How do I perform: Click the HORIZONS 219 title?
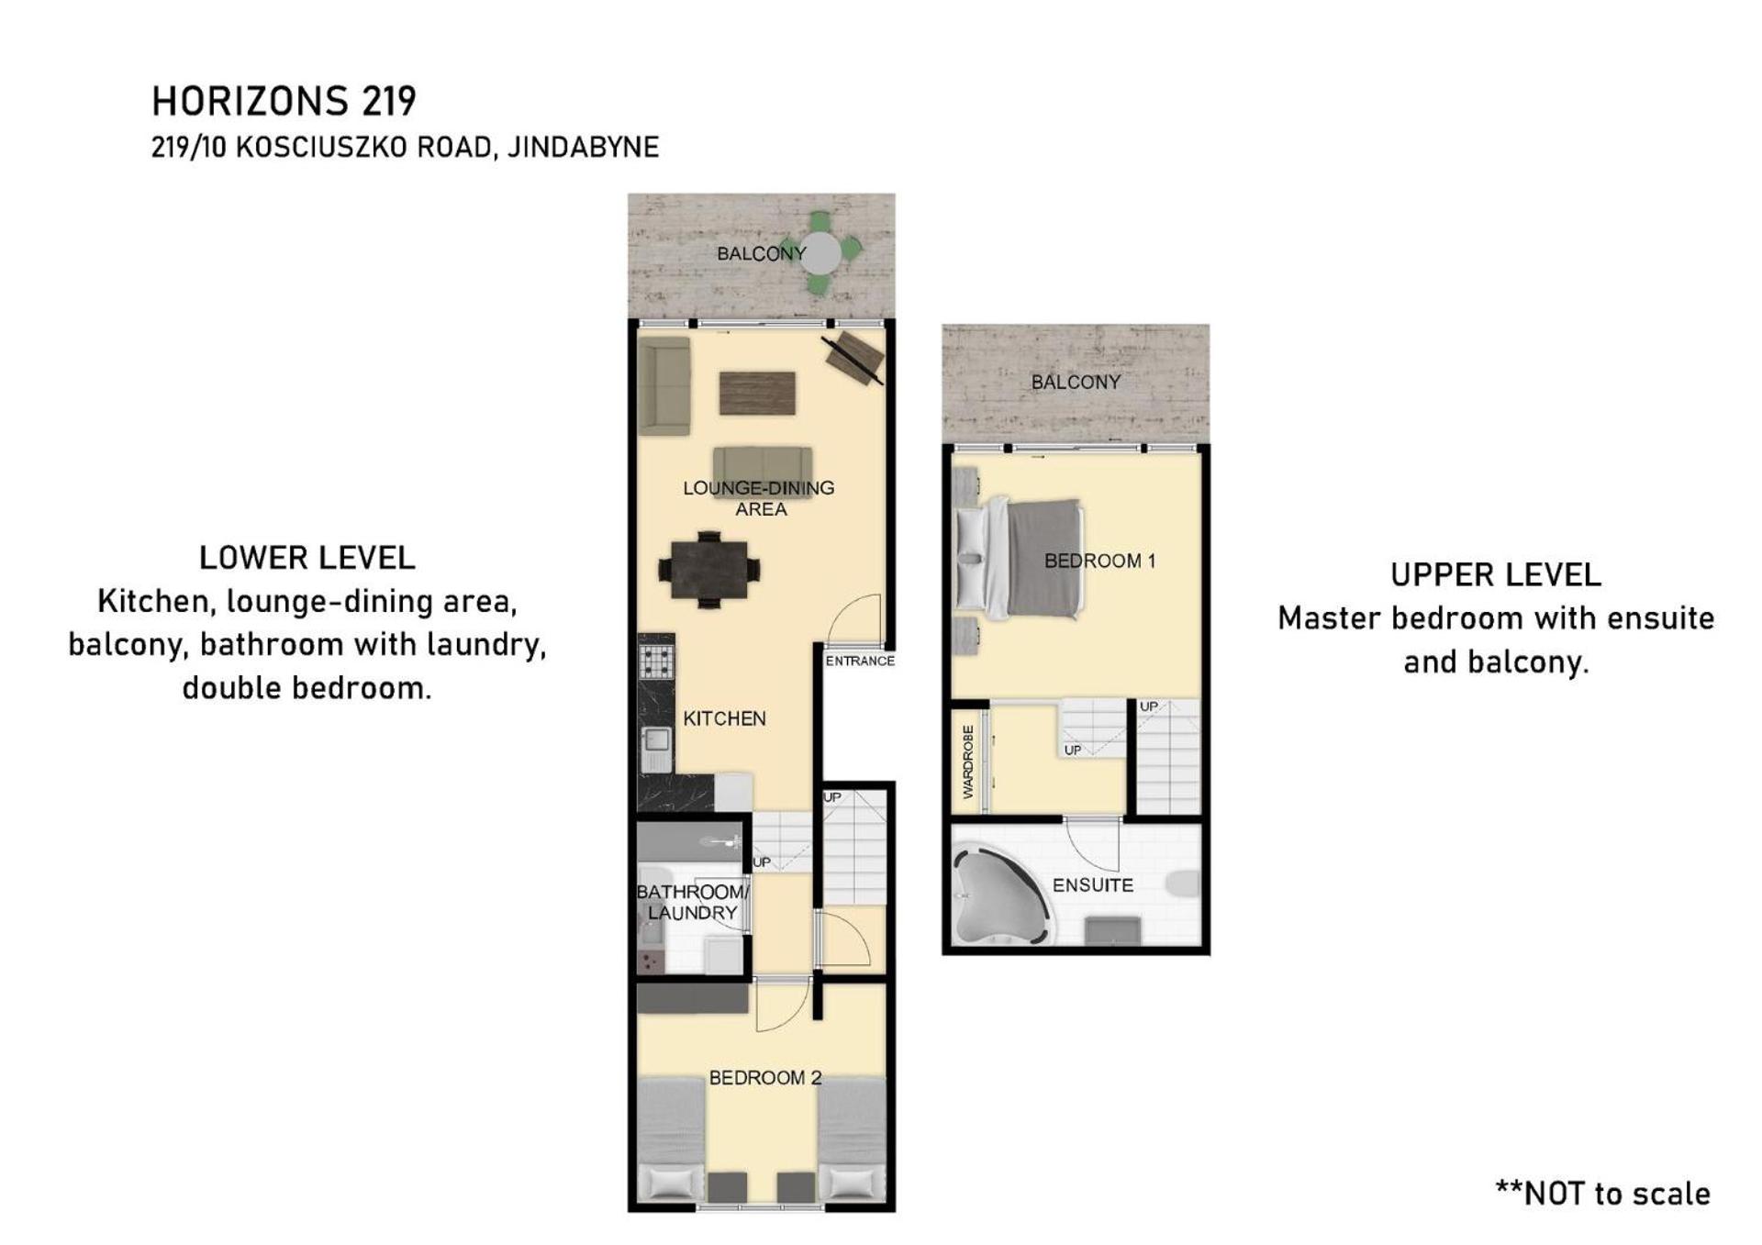(284, 101)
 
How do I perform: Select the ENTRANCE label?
(860, 661)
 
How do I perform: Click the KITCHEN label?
(724, 718)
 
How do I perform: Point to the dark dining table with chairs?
(708, 569)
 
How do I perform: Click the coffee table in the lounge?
(757, 393)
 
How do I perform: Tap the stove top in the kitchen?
(656, 661)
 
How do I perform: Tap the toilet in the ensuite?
(1183, 884)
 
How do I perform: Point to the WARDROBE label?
(967, 761)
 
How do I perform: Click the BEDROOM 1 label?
(1099, 561)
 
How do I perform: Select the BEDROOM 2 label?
(764, 1078)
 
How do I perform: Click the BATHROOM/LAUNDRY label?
(693, 902)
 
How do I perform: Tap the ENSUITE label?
(1092, 885)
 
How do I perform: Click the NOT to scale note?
(1603, 1194)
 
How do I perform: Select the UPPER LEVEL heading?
(1496, 575)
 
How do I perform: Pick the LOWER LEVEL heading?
(307, 558)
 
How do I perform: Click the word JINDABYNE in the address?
(583, 148)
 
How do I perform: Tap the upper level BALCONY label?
(1076, 383)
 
